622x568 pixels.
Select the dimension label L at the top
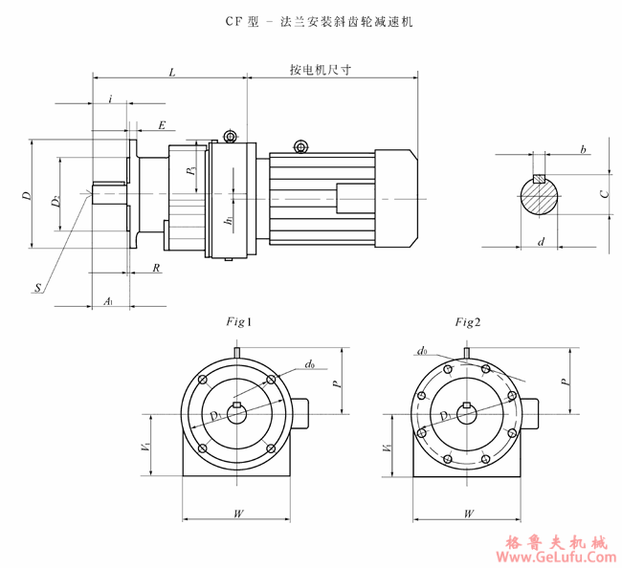[171, 72]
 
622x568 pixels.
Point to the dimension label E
[162, 125]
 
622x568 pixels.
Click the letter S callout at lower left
[37, 287]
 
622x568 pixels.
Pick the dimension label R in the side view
[156, 269]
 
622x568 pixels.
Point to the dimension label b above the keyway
[582, 150]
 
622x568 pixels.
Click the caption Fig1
[236, 322]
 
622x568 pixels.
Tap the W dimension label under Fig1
[237, 513]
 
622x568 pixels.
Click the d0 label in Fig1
[310, 364]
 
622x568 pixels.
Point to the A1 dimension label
[108, 301]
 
